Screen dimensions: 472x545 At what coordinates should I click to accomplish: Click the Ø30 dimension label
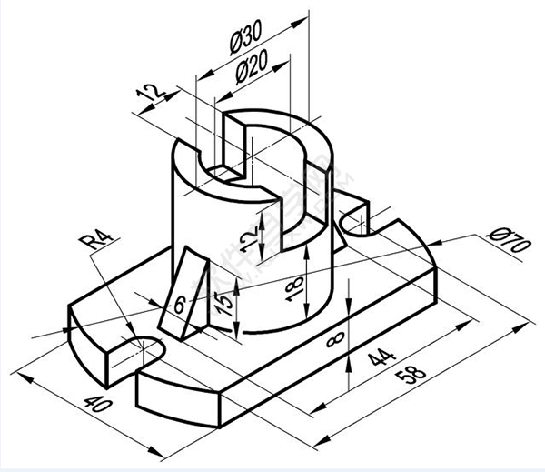pyautogui.click(x=245, y=37)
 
